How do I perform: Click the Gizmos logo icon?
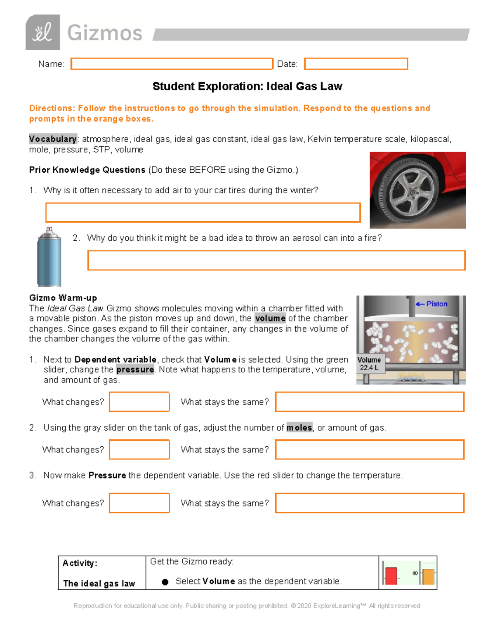(42, 33)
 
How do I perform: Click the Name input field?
(172, 64)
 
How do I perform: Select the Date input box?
(356, 64)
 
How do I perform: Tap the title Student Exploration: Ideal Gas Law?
(247, 87)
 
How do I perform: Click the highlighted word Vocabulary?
(53, 139)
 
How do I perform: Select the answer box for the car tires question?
(203, 213)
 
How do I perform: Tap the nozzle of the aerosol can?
(49, 229)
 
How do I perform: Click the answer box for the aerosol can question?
(276, 260)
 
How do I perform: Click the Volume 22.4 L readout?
(369, 363)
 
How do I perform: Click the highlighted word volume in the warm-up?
(270, 319)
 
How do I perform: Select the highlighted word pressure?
(135, 370)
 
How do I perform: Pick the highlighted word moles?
(299, 428)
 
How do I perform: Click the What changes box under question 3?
(139, 503)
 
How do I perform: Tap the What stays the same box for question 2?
(370, 450)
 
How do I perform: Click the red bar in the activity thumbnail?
(391, 576)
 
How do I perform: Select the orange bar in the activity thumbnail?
(429, 577)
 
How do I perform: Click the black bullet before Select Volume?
(165, 582)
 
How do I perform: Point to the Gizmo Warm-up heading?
(63, 298)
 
